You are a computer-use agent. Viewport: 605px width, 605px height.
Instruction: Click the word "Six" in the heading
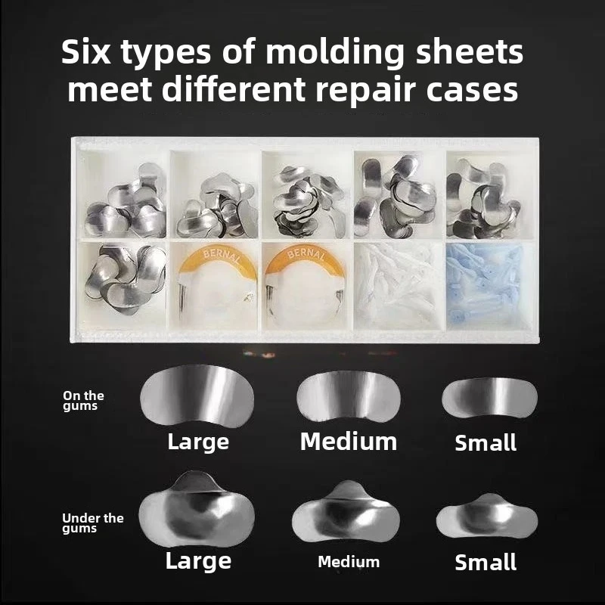[85, 51]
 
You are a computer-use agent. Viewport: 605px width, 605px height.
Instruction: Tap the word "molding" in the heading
[334, 53]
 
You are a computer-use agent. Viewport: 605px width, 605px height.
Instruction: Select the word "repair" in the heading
[365, 90]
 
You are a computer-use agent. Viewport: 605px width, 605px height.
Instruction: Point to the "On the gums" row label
[83, 401]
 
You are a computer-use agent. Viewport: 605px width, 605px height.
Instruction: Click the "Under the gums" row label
[93, 523]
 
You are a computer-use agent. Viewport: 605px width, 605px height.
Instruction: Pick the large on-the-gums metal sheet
[197, 396]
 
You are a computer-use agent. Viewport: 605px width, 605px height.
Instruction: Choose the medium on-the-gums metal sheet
[349, 396]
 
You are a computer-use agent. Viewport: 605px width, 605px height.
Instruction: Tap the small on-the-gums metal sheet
[489, 398]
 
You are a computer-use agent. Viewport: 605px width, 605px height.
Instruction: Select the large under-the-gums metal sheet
[197, 510]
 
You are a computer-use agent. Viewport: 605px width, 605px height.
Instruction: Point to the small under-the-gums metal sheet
[487, 517]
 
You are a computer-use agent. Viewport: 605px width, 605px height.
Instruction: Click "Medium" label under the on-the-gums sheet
[349, 442]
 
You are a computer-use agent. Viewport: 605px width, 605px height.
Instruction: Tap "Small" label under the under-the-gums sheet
[486, 562]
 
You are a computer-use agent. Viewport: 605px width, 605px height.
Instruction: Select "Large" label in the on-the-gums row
[198, 442]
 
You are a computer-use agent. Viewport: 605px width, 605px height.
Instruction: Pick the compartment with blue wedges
[491, 287]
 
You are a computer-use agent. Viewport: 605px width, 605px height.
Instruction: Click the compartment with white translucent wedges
[399, 287]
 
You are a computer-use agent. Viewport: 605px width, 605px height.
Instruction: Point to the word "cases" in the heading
[472, 90]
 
